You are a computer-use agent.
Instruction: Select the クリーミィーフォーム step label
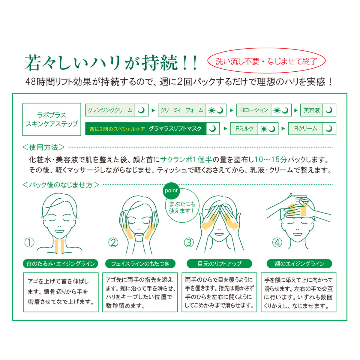(x=182, y=110)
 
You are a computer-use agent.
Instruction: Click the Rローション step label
(x=254, y=110)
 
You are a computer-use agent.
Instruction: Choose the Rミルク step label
(x=244, y=128)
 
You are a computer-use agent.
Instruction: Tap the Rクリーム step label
(x=305, y=128)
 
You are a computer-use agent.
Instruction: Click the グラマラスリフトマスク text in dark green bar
(x=175, y=129)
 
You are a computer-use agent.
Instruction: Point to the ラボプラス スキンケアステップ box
(x=52, y=119)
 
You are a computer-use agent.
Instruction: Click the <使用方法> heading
(x=43, y=147)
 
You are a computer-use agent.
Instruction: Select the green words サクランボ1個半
(x=186, y=160)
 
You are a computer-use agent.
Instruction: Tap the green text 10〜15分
(x=271, y=160)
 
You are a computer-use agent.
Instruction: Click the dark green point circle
(x=171, y=191)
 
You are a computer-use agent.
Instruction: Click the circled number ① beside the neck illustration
(x=29, y=242)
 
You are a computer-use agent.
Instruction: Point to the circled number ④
(x=277, y=242)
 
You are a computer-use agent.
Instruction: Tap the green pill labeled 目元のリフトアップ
(x=219, y=263)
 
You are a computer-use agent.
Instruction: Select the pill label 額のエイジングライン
(x=299, y=263)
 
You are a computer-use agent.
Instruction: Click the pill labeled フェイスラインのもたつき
(x=140, y=263)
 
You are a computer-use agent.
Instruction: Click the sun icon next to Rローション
(x=277, y=110)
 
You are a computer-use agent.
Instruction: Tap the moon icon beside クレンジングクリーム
(x=141, y=110)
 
